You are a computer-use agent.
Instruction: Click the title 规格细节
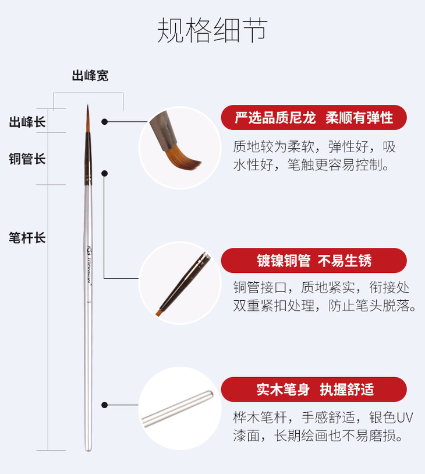point(212,30)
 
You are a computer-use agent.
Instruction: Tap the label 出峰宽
point(90,76)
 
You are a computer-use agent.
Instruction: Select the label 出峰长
point(27,122)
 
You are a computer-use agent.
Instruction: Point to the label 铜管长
point(27,159)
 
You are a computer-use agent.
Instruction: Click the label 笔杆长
point(27,238)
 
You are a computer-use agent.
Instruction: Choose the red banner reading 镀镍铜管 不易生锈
point(314,261)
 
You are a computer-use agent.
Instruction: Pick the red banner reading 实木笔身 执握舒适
point(314,389)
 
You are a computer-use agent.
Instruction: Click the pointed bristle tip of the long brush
point(88,105)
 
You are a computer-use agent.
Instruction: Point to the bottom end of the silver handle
point(88,451)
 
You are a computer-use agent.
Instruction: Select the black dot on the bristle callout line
point(104,121)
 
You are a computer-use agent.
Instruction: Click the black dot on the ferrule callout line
point(104,173)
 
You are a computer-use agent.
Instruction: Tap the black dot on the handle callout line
point(104,405)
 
